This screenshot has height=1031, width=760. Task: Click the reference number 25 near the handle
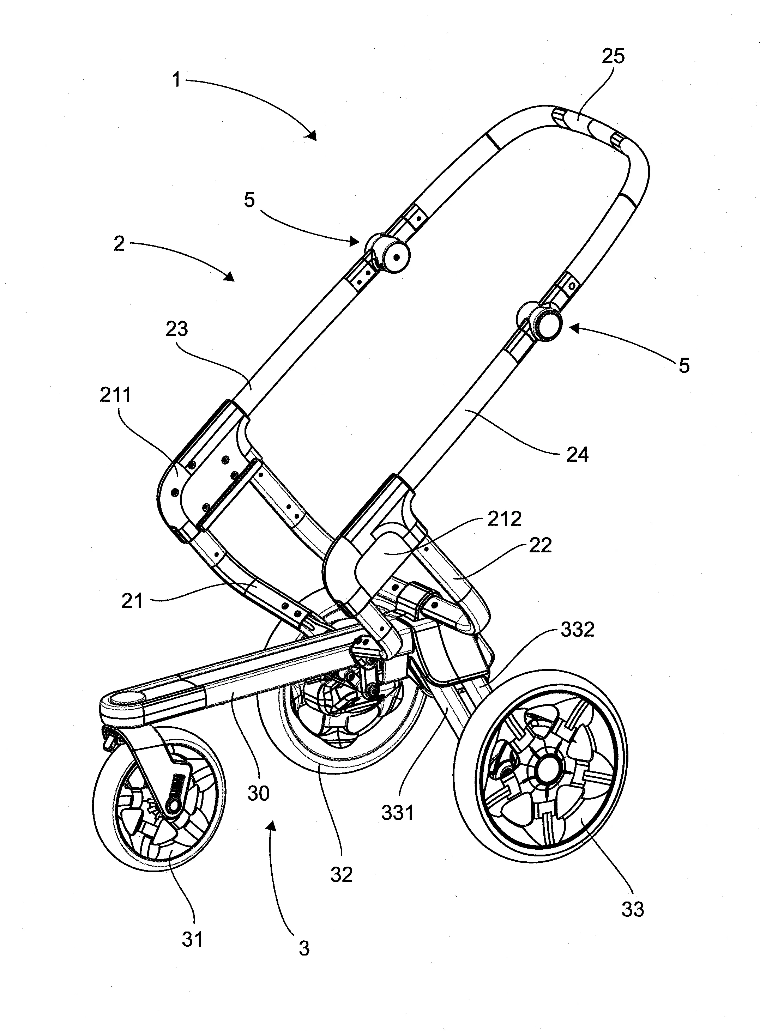pyautogui.click(x=613, y=56)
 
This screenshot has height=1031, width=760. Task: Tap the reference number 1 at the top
pyautogui.click(x=176, y=80)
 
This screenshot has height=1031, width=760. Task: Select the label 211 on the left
pyautogui.click(x=115, y=395)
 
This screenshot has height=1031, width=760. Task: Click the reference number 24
pyautogui.click(x=577, y=454)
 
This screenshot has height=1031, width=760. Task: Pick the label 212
pyautogui.click(x=505, y=519)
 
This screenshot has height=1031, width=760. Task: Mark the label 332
pyautogui.click(x=578, y=630)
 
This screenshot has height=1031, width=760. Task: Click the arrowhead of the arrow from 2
pyautogui.click(x=230, y=277)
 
